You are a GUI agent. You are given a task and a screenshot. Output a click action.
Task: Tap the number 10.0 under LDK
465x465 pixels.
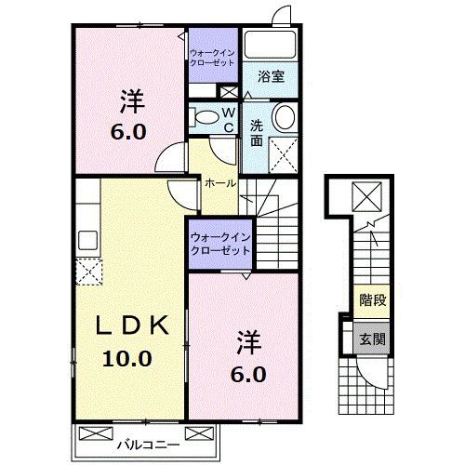133,358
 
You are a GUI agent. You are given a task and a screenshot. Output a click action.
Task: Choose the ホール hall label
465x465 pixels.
219,183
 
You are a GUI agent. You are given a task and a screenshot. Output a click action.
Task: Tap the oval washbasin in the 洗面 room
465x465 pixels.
284,117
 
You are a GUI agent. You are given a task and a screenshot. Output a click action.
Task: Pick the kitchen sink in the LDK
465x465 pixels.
87,240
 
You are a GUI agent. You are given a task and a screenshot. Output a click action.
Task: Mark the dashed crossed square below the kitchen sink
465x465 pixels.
88,272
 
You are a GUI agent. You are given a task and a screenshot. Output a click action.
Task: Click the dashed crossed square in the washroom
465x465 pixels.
283,151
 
